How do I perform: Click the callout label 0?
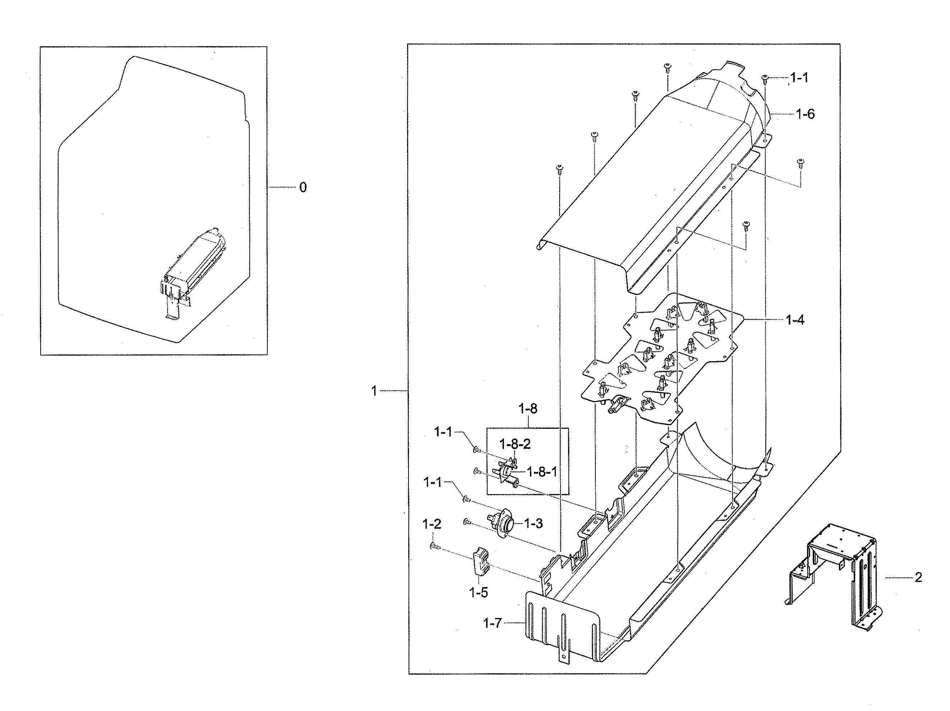point(303,187)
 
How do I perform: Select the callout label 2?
point(918,577)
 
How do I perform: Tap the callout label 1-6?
point(805,114)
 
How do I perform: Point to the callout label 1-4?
point(795,320)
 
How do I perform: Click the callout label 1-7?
point(492,623)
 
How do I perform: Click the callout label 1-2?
point(432,524)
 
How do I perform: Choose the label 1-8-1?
point(541,472)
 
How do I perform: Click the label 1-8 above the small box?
point(528,408)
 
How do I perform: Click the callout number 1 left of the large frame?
point(374,391)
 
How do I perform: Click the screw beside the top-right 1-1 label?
point(765,78)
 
